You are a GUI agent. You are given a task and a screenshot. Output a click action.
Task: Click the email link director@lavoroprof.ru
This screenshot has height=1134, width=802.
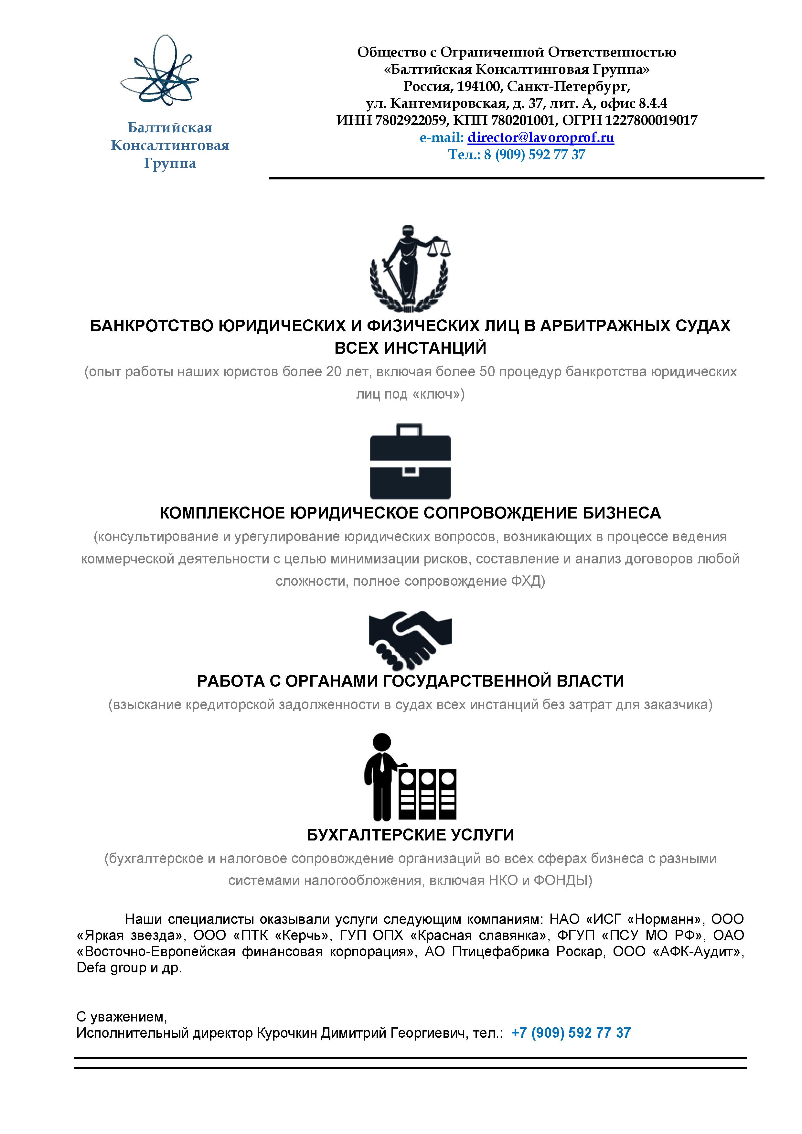point(541,137)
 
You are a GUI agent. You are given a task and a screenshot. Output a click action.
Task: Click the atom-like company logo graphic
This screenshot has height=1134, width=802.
point(159,72)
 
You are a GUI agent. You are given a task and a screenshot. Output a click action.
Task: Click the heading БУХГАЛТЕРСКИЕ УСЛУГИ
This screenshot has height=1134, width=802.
point(410,835)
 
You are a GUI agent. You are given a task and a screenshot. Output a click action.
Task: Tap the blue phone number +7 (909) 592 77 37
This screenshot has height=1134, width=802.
point(571,1033)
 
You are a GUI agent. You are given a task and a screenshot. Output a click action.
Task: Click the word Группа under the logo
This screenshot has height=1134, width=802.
point(170,164)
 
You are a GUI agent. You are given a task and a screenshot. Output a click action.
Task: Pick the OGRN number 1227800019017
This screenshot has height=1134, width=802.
point(651,120)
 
